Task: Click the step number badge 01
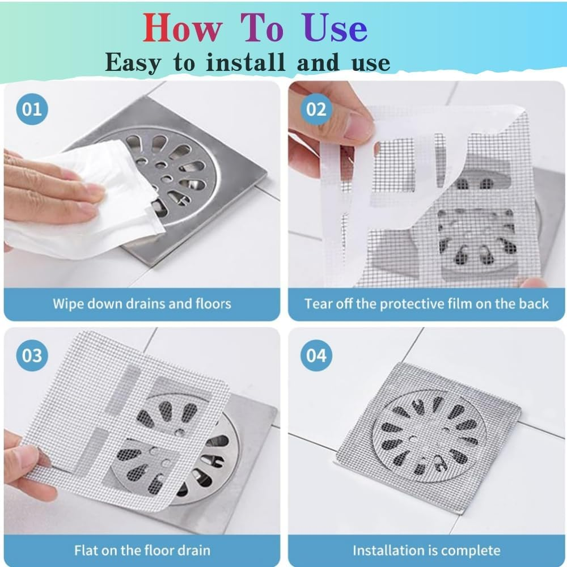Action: pyautogui.click(x=32, y=108)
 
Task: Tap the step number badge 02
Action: pyautogui.click(x=316, y=108)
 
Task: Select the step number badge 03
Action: pyautogui.click(x=32, y=356)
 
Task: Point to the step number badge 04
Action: pyautogui.click(x=316, y=356)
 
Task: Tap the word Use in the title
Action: pyautogui.click(x=335, y=28)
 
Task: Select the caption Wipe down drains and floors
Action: pyautogui.click(x=142, y=303)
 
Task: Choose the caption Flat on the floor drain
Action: pyautogui.click(x=142, y=550)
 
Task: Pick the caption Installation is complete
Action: pyautogui.click(x=426, y=550)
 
